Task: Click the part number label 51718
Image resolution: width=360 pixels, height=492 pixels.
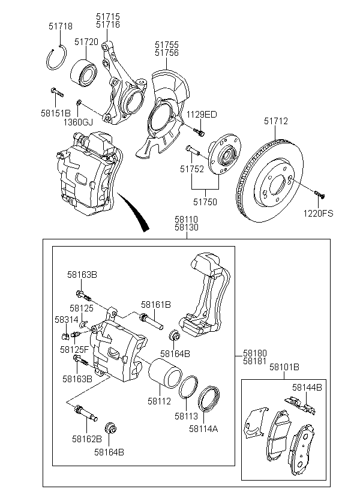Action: (60, 26)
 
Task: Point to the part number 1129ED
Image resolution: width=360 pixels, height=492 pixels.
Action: (202, 115)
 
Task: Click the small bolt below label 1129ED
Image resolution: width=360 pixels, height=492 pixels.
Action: (199, 132)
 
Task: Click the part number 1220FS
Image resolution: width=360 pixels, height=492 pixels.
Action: (318, 214)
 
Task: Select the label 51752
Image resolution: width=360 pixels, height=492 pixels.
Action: (192, 169)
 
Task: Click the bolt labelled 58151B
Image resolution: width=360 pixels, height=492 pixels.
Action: (57, 92)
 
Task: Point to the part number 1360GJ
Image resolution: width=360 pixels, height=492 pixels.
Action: (78, 122)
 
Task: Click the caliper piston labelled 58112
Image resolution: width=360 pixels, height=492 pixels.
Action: (165, 374)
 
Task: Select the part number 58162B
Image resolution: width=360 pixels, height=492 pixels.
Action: (87, 439)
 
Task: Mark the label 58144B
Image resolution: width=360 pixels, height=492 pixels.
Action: (307, 388)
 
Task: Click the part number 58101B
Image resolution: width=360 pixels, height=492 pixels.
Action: (284, 367)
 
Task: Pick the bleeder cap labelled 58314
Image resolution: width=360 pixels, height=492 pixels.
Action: (65, 337)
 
